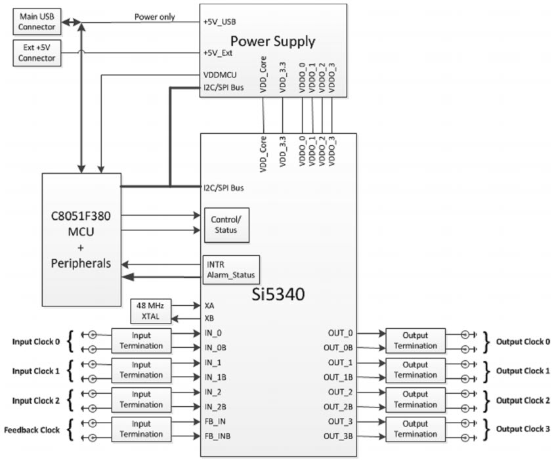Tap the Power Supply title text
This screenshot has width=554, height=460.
(272, 41)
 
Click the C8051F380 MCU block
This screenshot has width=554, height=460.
(81, 239)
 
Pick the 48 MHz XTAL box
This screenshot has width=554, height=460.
(150, 311)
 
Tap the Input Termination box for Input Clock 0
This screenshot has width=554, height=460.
(141, 341)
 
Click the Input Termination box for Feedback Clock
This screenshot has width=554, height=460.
(141, 429)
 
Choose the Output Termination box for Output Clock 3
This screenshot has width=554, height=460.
(415, 429)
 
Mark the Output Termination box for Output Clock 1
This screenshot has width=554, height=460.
(415, 370)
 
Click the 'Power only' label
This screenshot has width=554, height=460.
(154, 17)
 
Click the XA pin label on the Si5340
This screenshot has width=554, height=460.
(209, 306)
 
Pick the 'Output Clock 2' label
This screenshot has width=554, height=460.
(522, 400)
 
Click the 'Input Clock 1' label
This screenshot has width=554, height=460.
(36, 371)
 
